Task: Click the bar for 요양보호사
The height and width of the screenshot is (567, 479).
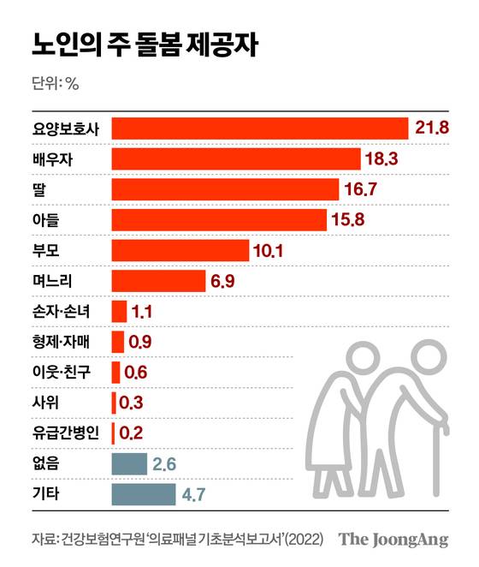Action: pyautogui.click(x=260, y=128)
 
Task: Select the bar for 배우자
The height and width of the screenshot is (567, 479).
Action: pyautogui.click(x=236, y=159)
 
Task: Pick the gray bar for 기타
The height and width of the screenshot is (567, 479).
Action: pyautogui.click(x=143, y=494)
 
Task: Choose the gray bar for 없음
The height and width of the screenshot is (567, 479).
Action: pyautogui.click(x=129, y=464)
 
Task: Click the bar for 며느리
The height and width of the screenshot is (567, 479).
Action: pyautogui.click(x=159, y=281)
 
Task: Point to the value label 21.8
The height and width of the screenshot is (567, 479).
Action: pyautogui.click(x=433, y=128)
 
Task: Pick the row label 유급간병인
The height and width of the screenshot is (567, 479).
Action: pyautogui.click(x=65, y=433)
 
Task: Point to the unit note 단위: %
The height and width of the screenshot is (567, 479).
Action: pyautogui.click(x=54, y=84)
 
